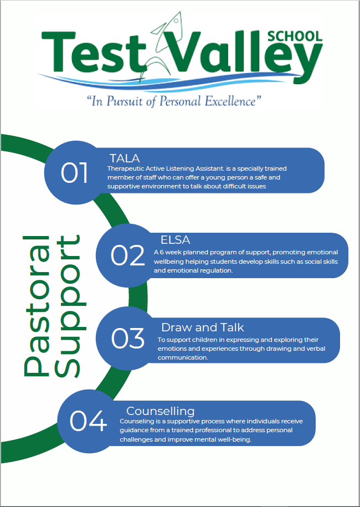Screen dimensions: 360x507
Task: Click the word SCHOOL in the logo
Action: point(295,36)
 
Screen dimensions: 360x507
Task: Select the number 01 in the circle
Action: point(74,173)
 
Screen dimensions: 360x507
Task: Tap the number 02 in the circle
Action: point(127,255)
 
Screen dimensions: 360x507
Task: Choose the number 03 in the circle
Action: point(127,338)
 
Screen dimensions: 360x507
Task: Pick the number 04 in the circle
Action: point(88,421)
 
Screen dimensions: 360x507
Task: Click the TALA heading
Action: point(125,158)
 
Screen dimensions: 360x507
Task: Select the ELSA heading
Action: point(175,240)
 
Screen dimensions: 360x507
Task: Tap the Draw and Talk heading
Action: point(202,327)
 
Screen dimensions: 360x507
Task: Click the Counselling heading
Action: point(160,411)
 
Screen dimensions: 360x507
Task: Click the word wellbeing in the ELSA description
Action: point(168,262)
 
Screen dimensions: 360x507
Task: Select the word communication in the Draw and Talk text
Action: point(183,357)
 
